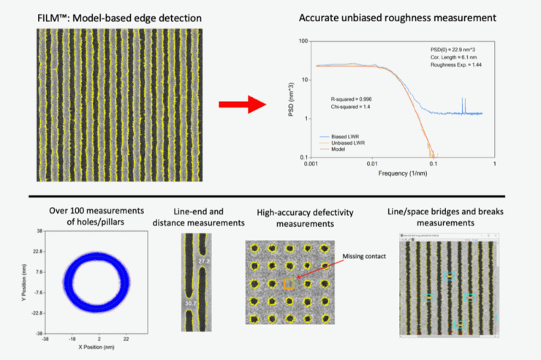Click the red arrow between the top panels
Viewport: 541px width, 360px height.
tap(241, 104)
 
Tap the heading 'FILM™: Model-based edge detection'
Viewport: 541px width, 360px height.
tap(119, 17)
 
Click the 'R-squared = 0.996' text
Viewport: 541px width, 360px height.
tap(351, 97)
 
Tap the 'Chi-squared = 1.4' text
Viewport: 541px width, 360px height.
tap(350, 106)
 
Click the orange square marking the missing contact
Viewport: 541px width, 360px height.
tap(289, 283)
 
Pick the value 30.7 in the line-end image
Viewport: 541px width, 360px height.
tap(189, 301)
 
